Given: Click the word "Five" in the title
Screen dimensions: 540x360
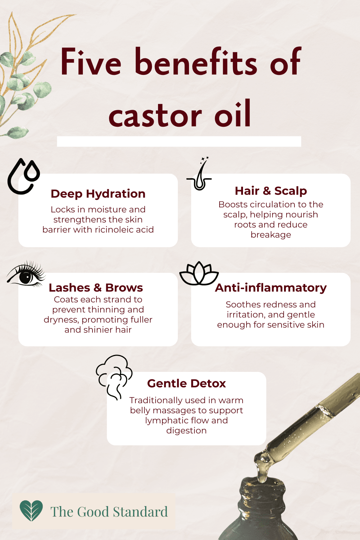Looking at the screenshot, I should [91, 62].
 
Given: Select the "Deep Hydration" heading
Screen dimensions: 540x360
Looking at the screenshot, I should [98, 194].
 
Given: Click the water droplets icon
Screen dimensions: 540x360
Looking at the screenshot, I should [24, 176].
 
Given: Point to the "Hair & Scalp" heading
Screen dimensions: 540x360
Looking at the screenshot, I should [271, 191].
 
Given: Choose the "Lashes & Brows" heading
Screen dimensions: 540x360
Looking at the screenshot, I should [96, 288].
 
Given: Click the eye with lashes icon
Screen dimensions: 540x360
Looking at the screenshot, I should [26, 275].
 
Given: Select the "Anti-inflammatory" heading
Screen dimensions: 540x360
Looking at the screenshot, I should [271, 288].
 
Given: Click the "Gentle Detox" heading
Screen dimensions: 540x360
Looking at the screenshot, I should [186, 383].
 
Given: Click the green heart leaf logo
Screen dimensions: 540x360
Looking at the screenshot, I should [31, 510].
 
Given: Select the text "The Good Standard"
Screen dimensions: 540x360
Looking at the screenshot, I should [109, 512].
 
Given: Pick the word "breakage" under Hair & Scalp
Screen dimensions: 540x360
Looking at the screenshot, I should [271, 235].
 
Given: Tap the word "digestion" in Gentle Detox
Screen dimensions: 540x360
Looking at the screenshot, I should [186, 431].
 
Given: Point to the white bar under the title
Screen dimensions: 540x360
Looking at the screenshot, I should [179, 141].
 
